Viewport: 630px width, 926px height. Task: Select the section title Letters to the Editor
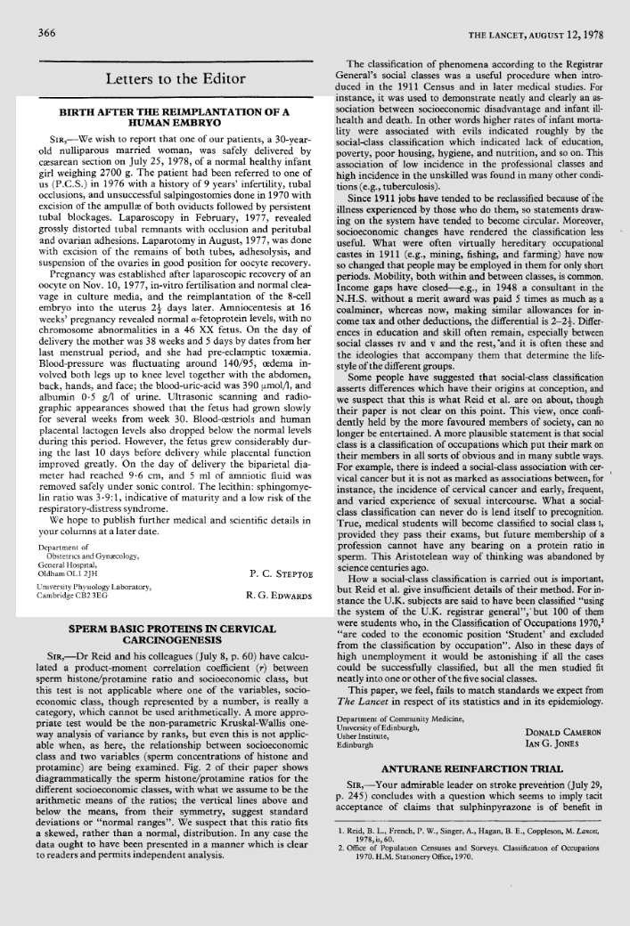[171, 80]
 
